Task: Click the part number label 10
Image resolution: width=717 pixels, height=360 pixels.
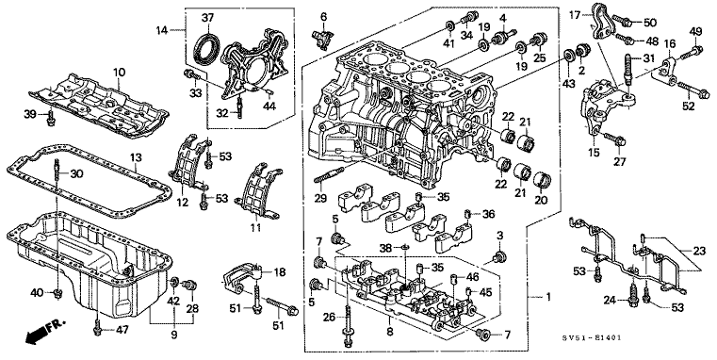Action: [x=119, y=73]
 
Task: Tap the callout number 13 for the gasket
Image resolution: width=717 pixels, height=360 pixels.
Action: [x=136, y=156]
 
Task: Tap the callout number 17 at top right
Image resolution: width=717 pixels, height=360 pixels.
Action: [x=574, y=14]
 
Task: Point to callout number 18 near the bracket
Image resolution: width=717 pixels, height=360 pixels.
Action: [x=279, y=271]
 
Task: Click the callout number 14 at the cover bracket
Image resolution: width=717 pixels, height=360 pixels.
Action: [x=161, y=32]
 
